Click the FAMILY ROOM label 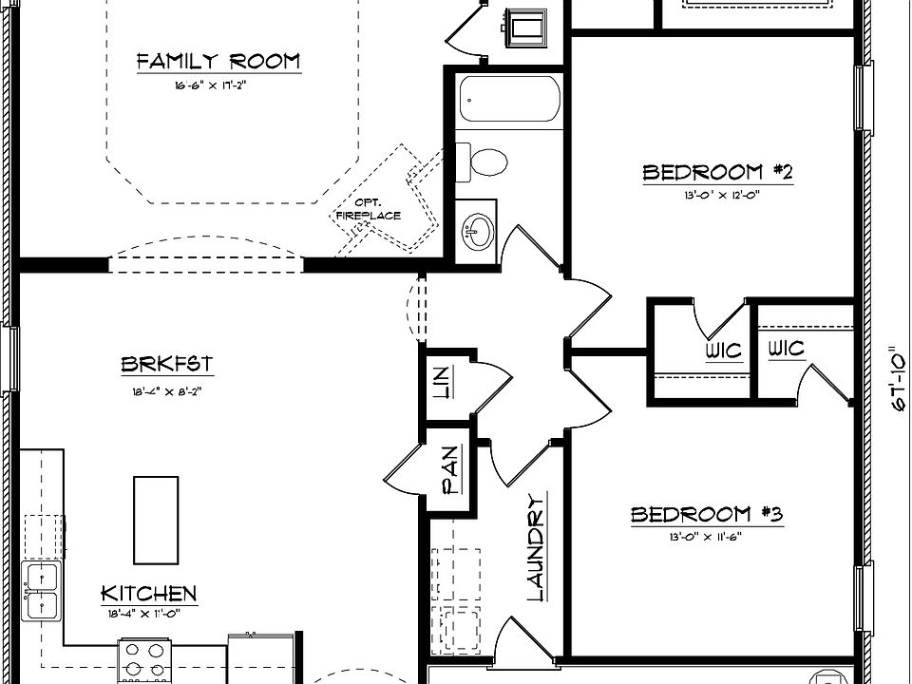pyautogui.click(x=218, y=63)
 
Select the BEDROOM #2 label pyautogui.click(x=717, y=172)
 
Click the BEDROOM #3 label pyautogui.click(x=706, y=515)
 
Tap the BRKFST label pyautogui.click(x=166, y=364)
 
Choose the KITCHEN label pyautogui.click(x=149, y=595)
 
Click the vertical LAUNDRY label pyautogui.click(x=536, y=548)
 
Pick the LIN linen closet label pyautogui.click(x=440, y=382)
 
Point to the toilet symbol pyautogui.click(x=483, y=161)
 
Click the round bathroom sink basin pyautogui.click(x=477, y=228)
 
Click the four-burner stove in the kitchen pyautogui.click(x=142, y=658)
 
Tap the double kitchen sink pyautogui.click(x=42, y=589)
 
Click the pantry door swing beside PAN pyautogui.click(x=404, y=465)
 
